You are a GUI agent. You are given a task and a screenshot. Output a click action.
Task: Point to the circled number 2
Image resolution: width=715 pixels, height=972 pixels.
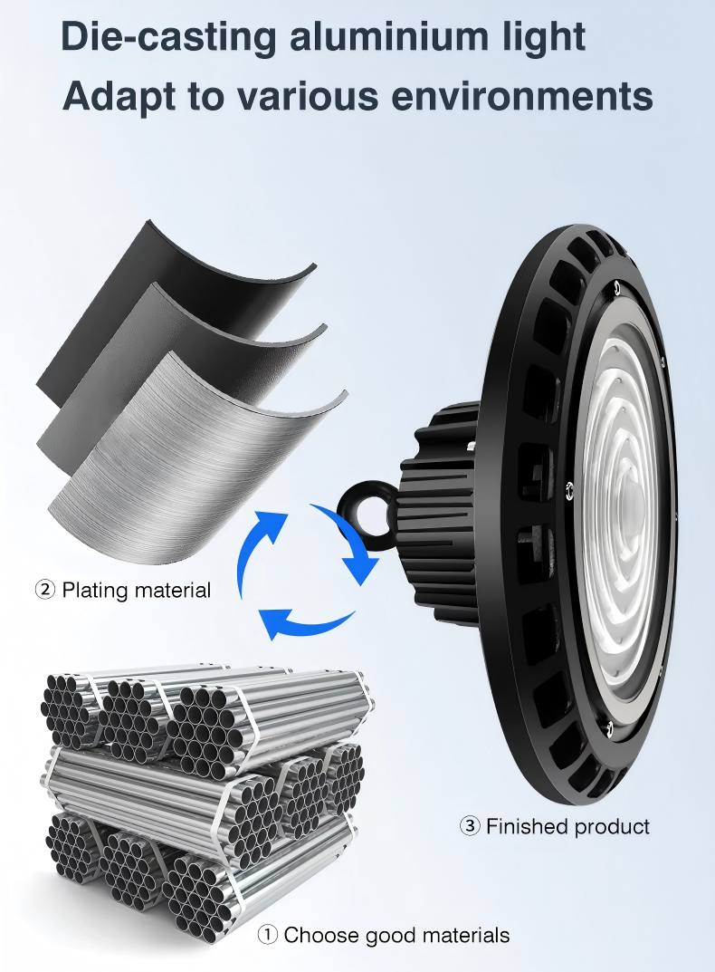tap(44, 590)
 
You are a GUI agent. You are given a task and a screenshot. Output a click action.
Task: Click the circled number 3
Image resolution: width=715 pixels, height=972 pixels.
tap(470, 826)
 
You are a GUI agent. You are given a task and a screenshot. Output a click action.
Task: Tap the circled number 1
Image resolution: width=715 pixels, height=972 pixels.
tap(268, 935)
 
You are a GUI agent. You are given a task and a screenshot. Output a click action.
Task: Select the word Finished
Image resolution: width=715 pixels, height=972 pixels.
tap(527, 826)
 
